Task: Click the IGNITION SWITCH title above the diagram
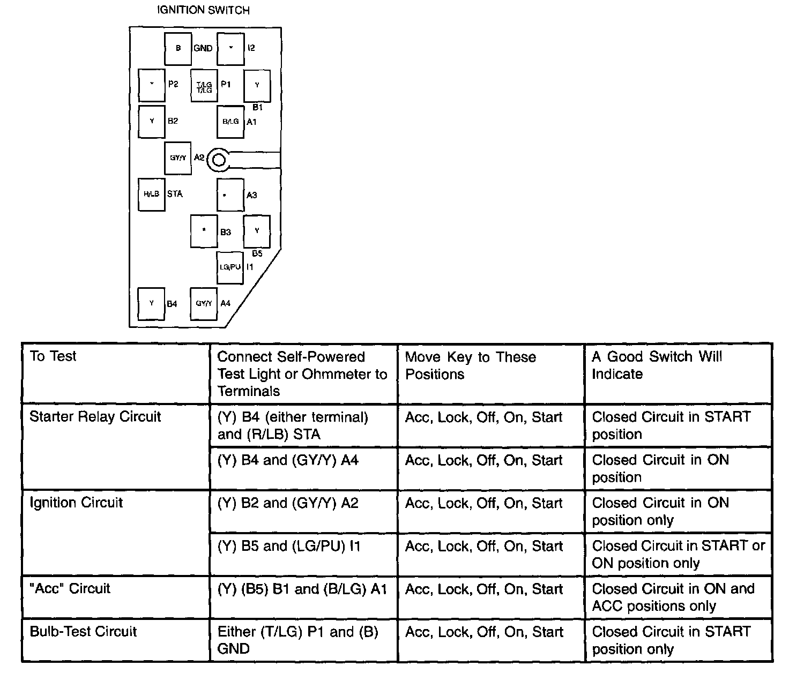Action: (203, 10)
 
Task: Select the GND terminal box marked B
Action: (178, 48)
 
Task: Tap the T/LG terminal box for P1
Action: (204, 86)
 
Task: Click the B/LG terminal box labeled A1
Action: (230, 122)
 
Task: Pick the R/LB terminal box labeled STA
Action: (151, 194)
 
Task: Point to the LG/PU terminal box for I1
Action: (230, 267)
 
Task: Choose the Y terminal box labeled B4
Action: (151, 303)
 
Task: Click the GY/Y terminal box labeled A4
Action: (204, 303)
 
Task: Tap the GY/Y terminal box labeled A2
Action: (178, 158)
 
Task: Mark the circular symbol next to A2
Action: (218, 159)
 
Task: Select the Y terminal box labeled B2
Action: (151, 122)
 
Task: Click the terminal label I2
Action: (251, 48)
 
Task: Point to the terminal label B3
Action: (226, 232)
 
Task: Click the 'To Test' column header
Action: (53, 356)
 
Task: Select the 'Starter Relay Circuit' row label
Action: (95, 417)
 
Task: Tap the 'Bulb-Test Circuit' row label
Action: (83, 632)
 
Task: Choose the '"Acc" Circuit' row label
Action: (70, 588)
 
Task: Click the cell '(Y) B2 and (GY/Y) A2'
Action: (288, 503)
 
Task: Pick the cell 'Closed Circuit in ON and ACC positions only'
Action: (673, 597)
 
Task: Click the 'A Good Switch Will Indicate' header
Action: (657, 365)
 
